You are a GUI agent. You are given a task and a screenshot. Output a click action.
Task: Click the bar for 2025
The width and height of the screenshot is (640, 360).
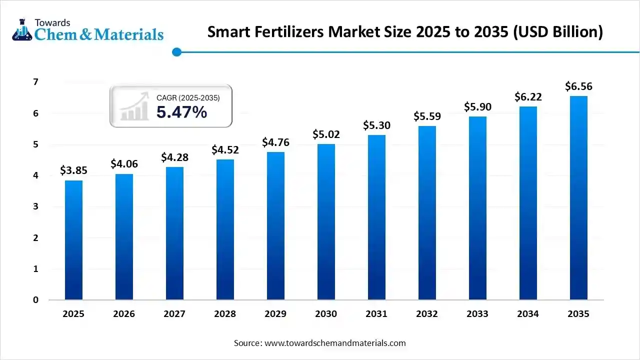(x=73, y=240)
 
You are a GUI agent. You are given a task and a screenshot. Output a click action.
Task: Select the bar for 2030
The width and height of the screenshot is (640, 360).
(x=326, y=222)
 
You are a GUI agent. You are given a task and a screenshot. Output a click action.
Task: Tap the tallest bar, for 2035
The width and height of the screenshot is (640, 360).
(x=578, y=198)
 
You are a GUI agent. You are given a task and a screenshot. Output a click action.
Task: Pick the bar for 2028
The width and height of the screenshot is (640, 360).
(x=225, y=229)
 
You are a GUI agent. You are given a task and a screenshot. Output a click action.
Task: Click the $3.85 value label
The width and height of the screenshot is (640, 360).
(x=73, y=170)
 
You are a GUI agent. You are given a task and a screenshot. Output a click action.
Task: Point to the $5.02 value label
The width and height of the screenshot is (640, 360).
(x=326, y=134)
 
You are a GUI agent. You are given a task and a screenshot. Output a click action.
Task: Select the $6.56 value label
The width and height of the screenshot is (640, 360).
(x=578, y=86)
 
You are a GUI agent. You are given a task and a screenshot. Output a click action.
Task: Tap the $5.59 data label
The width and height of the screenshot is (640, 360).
(x=427, y=116)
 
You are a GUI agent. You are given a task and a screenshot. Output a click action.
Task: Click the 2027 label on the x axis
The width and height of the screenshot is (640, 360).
(x=174, y=314)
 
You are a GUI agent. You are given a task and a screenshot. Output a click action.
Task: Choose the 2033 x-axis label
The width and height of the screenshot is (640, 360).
(x=477, y=314)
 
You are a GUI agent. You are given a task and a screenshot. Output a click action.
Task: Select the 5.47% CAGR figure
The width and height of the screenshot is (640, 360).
(x=181, y=112)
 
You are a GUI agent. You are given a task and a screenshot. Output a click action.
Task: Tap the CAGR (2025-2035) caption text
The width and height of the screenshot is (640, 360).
(x=188, y=98)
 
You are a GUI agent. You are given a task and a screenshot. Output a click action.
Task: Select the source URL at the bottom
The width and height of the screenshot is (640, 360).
(x=334, y=343)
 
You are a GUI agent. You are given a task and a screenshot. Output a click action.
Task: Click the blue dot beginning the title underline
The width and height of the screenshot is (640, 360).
(x=176, y=52)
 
